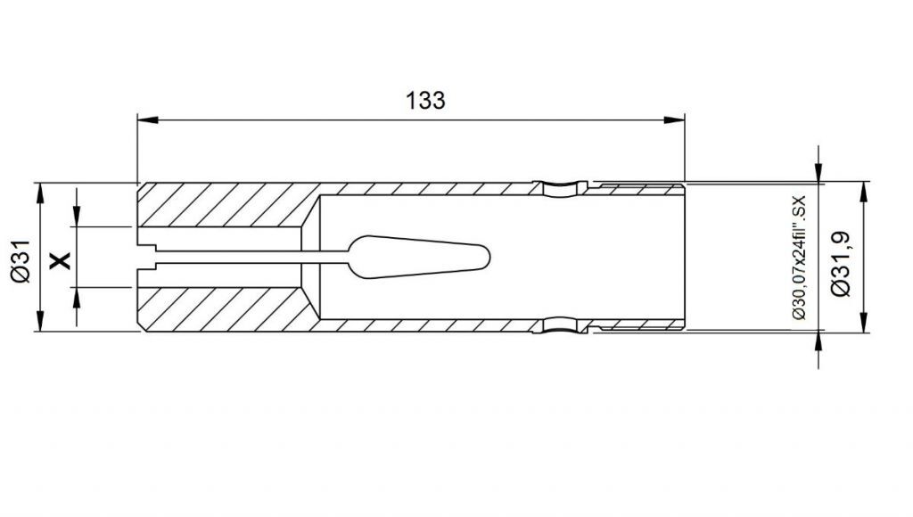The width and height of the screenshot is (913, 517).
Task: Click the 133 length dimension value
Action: [x=425, y=100]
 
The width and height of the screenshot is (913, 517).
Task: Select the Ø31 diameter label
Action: [x=21, y=260]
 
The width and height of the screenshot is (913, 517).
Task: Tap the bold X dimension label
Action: [x=60, y=260]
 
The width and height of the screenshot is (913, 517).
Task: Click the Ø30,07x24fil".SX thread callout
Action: [x=798, y=257]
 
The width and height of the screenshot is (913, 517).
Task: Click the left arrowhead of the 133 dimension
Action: [x=148, y=120]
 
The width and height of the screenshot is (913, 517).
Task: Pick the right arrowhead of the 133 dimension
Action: [x=674, y=120]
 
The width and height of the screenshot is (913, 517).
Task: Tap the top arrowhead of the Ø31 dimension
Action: [x=40, y=193]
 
